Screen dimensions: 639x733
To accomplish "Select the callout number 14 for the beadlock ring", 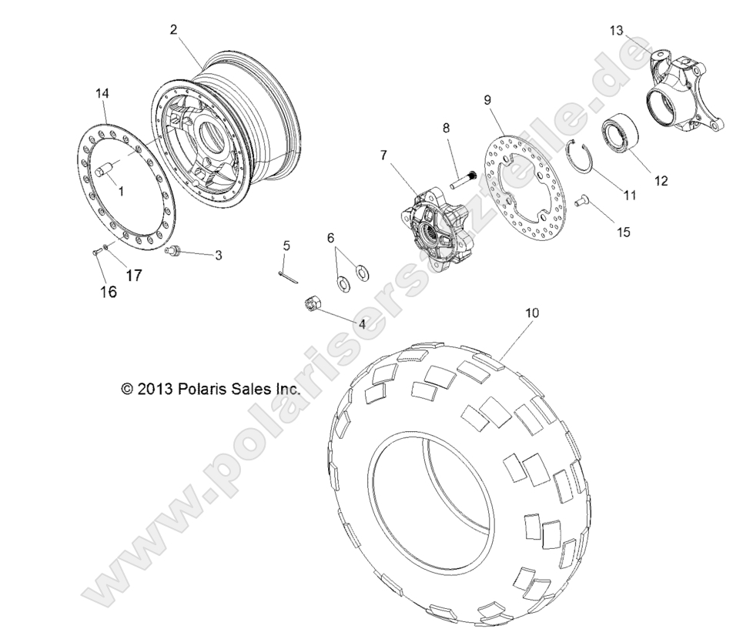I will tap(102, 93).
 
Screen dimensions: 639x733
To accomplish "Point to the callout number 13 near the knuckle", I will tap(617, 30).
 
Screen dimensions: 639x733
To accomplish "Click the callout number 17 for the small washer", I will tap(133, 275).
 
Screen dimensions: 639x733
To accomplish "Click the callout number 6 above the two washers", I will tap(332, 238).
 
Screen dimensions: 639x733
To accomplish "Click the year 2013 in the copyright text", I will tap(157, 390).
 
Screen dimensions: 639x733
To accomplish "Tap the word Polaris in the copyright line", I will tap(202, 390).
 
